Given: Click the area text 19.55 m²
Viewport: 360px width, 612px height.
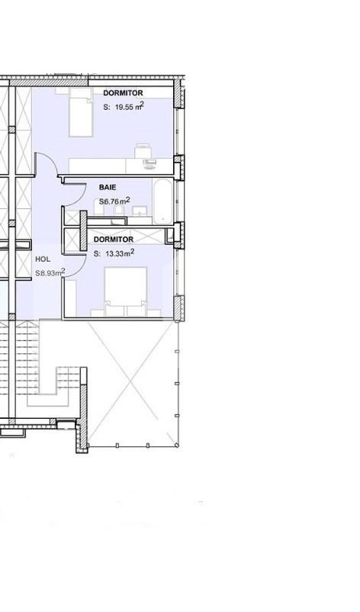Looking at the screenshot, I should click(124, 108).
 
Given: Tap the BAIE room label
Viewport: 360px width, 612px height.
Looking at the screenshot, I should click(108, 186).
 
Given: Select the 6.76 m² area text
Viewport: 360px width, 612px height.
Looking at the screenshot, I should click(114, 201).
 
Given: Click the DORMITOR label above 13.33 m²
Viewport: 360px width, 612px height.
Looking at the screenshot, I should click(114, 240).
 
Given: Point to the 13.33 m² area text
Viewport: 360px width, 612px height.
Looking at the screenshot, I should click(114, 254).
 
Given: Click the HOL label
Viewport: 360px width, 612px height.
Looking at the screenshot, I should click(43, 259).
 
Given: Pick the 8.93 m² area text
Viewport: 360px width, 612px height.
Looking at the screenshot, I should click(50, 272).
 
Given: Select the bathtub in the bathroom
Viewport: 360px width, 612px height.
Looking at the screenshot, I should click(163, 201).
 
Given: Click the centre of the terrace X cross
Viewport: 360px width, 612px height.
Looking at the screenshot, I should click(133, 382).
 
